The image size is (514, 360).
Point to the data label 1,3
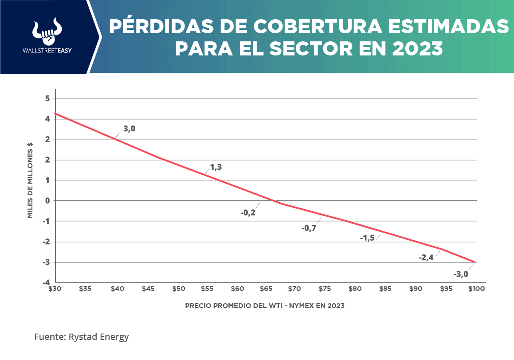[x=216, y=167]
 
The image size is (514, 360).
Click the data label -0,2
[x=248, y=212]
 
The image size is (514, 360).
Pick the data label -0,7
[x=309, y=228]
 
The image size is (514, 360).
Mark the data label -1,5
[x=367, y=238]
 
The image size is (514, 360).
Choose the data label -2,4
[x=426, y=257]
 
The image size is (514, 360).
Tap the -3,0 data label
[x=460, y=274]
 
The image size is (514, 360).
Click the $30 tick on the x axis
[x=55, y=289]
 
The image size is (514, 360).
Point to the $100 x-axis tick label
[x=476, y=289]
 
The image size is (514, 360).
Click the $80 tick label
[x=355, y=289]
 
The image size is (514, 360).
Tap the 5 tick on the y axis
[x=48, y=99]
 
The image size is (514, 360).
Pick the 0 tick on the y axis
[x=48, y=200]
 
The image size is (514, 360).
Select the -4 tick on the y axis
[x=46, y=282]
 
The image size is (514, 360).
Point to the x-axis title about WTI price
[x=265, y=306]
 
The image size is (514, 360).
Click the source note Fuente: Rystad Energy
[x=81, y=337]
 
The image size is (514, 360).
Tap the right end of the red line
[x=474, y=261]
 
